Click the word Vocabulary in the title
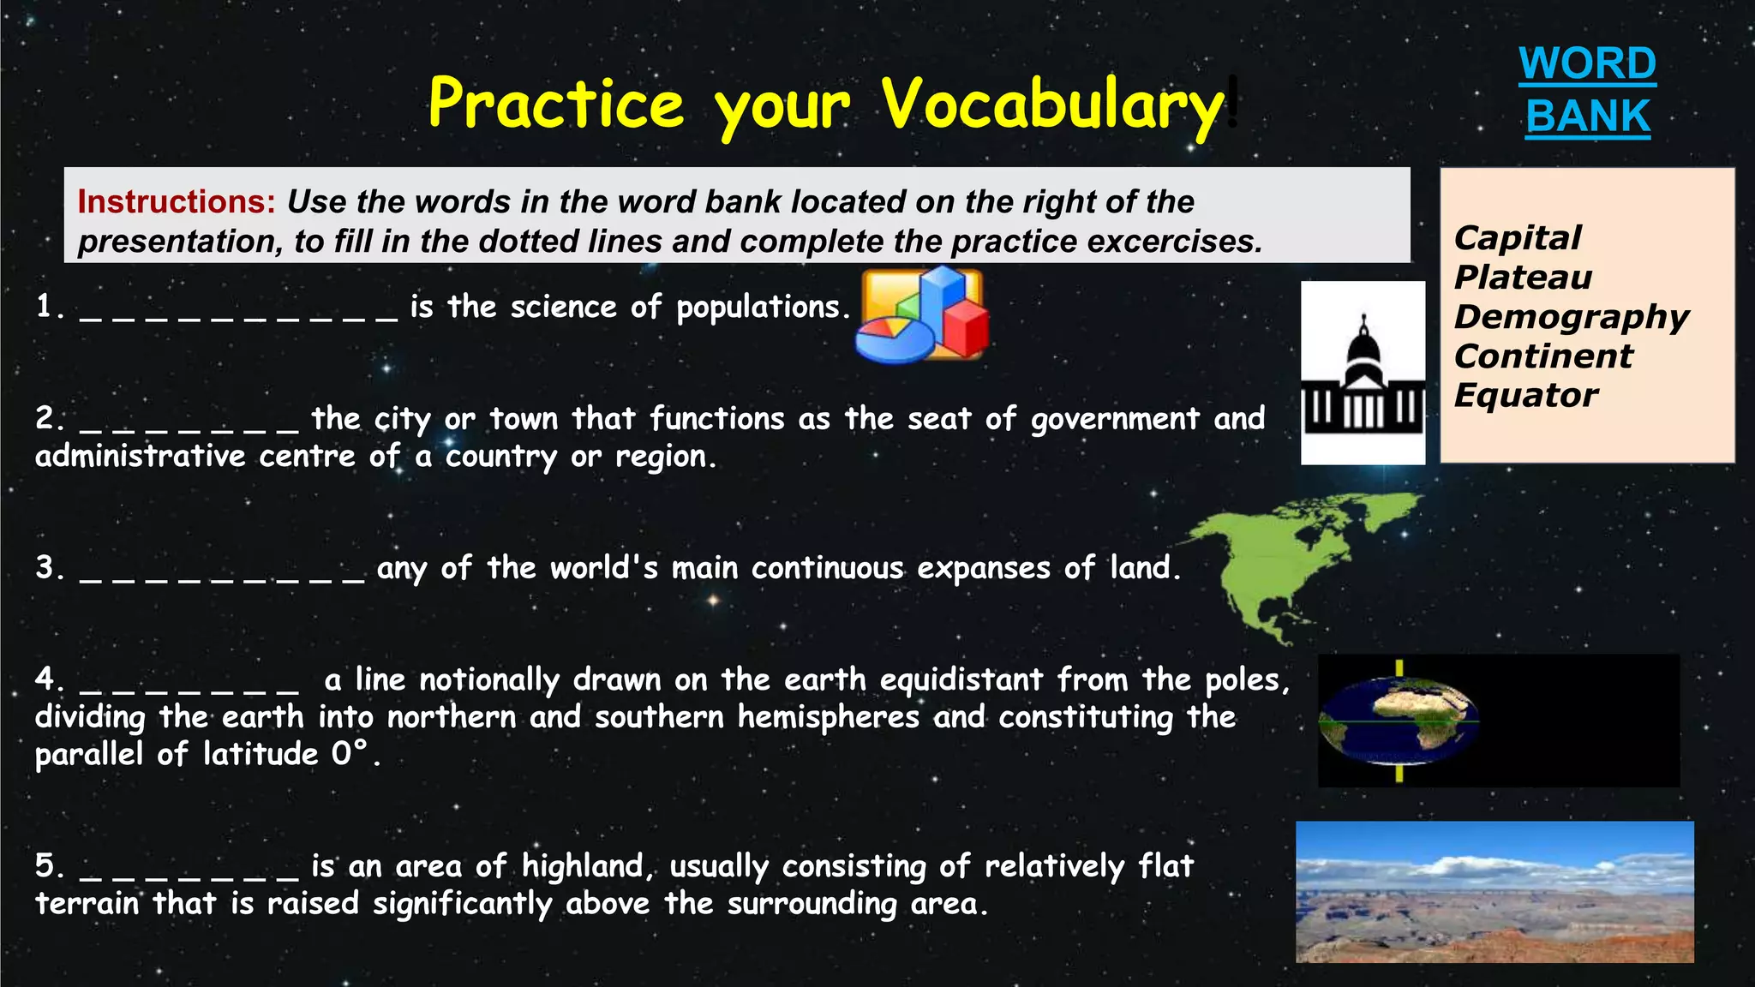[1052, 105]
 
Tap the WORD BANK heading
[1587, 90]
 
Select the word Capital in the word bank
[1518, 237]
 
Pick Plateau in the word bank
[1523, 277]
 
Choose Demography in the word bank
[1571, 316]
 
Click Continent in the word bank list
[1543, 356]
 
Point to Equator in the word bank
[1525, 395]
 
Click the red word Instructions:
[177, 202]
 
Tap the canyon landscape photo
[1494, 892]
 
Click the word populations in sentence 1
[762, 308]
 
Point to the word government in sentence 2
[1114, 419]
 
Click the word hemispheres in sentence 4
[829, 717]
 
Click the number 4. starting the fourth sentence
[50, 679]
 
